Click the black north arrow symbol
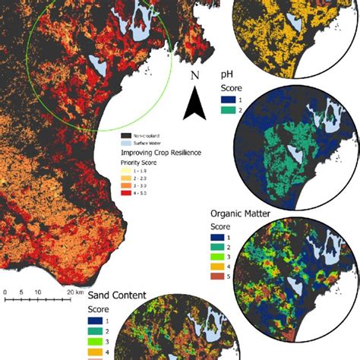pos(194,104)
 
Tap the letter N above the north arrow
pos(194,77)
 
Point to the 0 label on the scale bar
pos(5,291)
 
